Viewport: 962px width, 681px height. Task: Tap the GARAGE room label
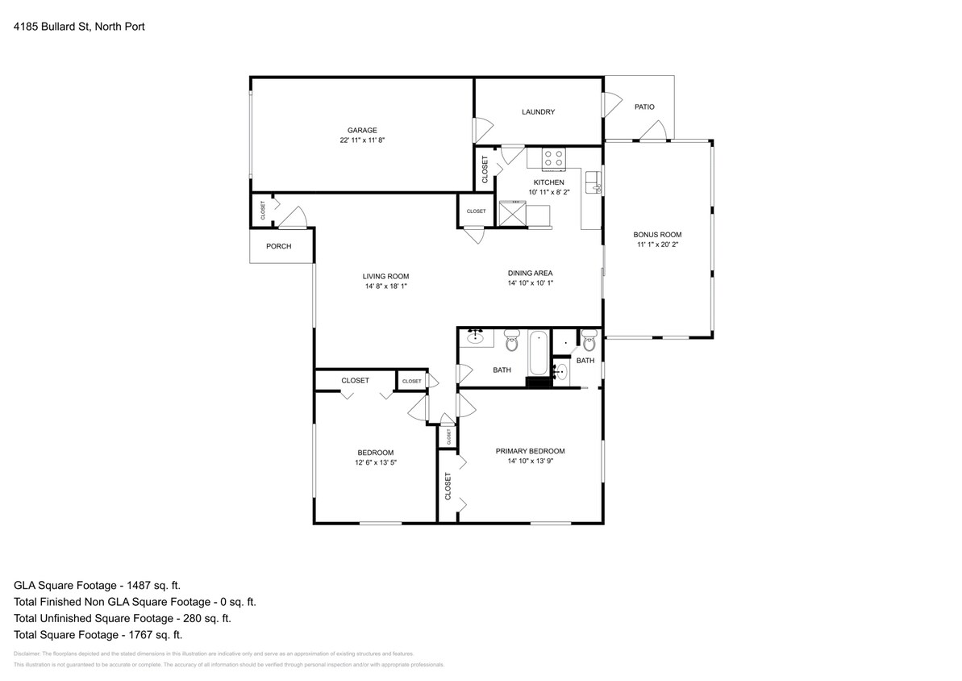pyautogui.click(x=362, y=130)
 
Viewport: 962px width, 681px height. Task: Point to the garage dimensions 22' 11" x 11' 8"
pyautogui.click(x=362, y=140)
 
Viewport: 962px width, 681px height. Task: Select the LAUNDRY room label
pyautogui.click(x=538, y=112)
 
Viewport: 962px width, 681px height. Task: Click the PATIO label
pyautogui.click(x=644, y=107)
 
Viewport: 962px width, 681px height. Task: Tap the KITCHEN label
pyautogui.click(x=548, y=182)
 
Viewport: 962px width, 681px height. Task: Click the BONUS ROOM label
pyautogui.click(x=657, y=235)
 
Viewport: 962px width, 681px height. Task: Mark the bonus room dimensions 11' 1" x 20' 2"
pyautogui.click(x=657, y=244)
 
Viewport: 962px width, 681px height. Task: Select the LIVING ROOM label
pyautogui.click(x=385, y=277)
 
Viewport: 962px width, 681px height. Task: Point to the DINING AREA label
pyautogui.click(x=530, y=273)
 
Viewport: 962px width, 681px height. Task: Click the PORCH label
pyautogui.click(x=279, y=246)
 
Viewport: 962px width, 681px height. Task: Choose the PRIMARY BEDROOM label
pyautogui.click(x=530, y=451)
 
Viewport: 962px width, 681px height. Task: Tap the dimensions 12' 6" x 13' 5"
pyautogui.click(x=376, y=462)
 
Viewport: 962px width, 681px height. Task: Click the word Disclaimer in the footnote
pyautogui.click(x=27, y=654)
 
